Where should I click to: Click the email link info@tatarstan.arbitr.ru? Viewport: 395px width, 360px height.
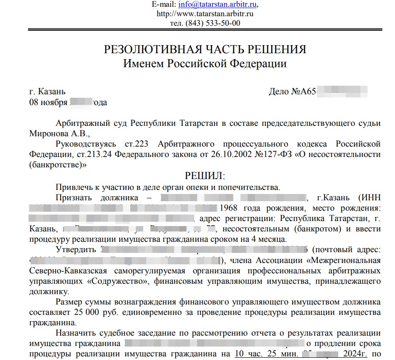tap(218, 5)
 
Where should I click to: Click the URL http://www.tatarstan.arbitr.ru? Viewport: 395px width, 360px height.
tap(204, 14)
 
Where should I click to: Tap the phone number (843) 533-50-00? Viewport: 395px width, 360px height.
tap(204, 23)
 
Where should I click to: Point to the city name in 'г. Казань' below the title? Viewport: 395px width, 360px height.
tap(52, 92)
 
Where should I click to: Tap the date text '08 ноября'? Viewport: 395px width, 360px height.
tap(48, 102)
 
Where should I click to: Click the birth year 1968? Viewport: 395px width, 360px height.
tap(231, 208)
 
